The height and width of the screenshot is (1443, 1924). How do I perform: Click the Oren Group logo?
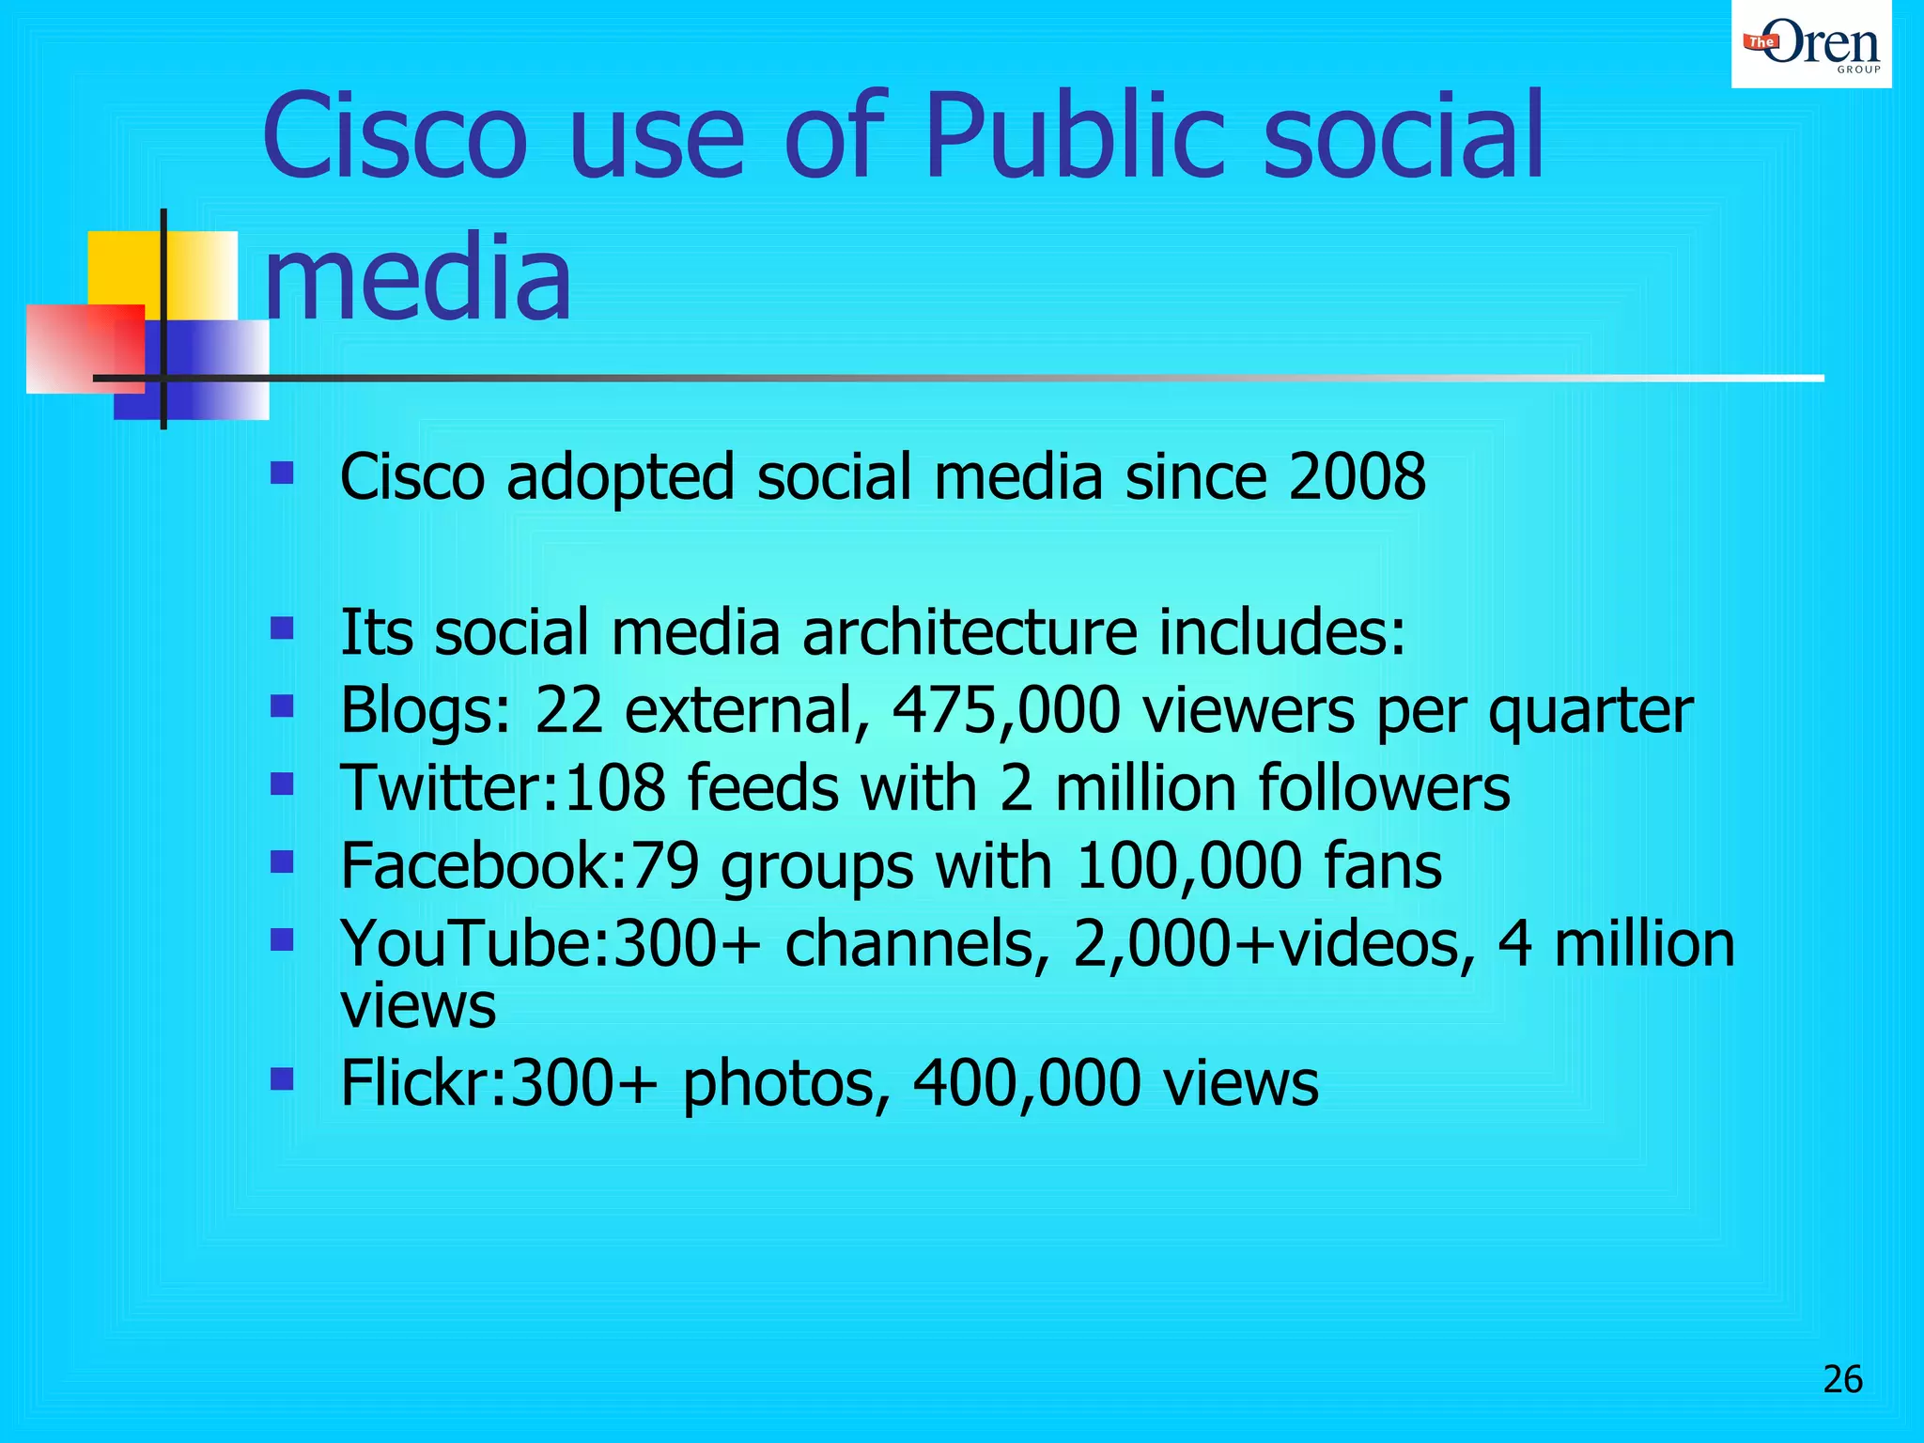point(1811,45)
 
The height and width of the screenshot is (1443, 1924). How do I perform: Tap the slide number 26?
point(1842,1379)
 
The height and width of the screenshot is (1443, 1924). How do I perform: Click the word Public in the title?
point(1075,136)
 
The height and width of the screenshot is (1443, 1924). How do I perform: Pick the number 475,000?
point(1005,710)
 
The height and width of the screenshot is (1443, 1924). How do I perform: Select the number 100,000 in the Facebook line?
point(1188,865)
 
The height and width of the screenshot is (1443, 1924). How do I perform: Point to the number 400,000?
point(1027,1083)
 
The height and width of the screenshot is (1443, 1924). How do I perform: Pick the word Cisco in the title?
point(395,136)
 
